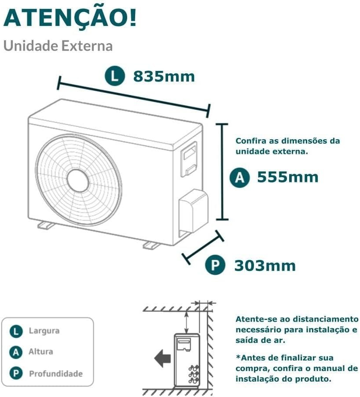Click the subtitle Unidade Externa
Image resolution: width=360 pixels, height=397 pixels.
pos(58,46)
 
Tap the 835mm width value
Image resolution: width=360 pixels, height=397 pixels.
pos(164,76)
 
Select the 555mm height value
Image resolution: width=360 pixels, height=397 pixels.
pos(288,177)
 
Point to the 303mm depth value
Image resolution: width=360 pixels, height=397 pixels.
pos(265,266)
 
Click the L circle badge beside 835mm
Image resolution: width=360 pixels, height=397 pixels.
pos(115,76)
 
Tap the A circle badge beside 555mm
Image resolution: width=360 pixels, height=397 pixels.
pos(240,177)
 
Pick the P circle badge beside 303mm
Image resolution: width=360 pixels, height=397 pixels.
pos(215,265)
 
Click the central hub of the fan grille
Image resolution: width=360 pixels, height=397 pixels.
pos(78,180)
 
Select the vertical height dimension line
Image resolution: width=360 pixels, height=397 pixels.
pos(222,172)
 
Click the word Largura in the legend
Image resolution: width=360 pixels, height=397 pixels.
pos(44,331)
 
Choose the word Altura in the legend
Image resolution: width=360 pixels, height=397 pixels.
pos(40,352)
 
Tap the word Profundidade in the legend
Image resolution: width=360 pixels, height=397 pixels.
pos(56,374)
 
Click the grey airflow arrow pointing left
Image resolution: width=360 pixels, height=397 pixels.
pos(163,359)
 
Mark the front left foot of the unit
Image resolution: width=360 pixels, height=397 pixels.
pos(46,225)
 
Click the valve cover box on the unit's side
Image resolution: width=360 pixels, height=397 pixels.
pos(193,211)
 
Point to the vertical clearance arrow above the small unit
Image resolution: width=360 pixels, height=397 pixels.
pos(187,322)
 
